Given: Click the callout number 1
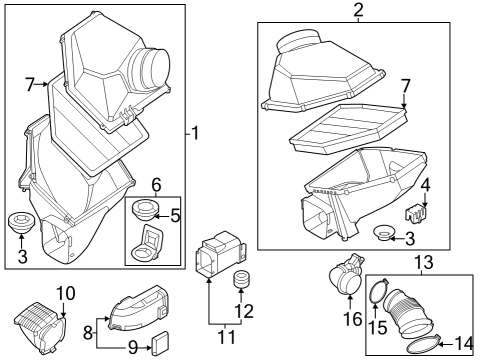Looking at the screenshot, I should [x=196, y=133].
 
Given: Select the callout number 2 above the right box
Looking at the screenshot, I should [x=357, y=12].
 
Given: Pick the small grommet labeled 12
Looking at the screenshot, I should [x=240, y=279].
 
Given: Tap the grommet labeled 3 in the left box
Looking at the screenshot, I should [x=20, y=222].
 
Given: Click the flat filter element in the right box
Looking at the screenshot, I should [x=346, y=128].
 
